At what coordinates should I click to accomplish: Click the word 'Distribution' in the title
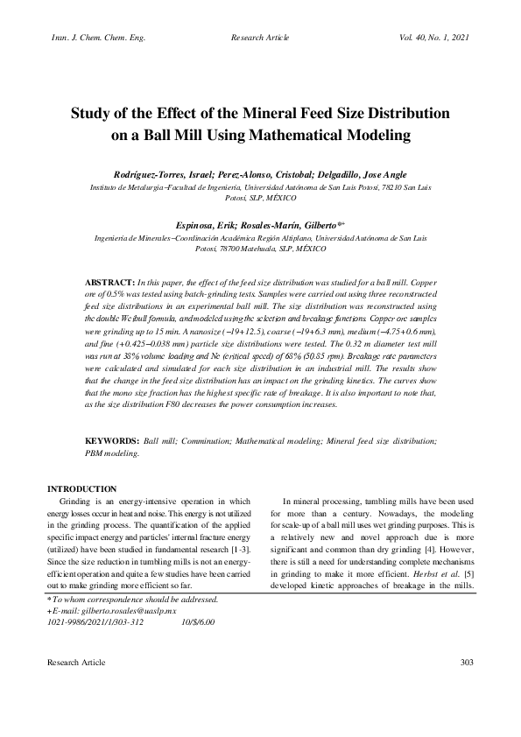pos(399,114)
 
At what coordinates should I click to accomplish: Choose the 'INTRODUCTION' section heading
pos(81,488)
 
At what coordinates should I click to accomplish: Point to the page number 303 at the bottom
pos(466,686)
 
